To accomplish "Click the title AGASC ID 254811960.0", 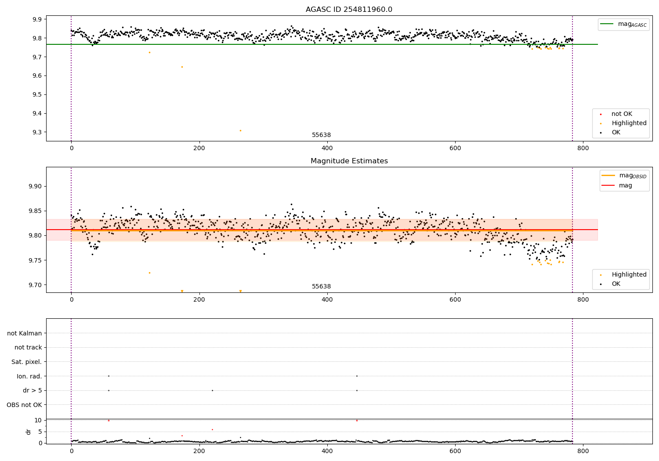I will click(x=349, y=10).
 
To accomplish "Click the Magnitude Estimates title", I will click(x=349, y=161).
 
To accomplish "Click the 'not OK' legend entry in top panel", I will click(x=622, y=114).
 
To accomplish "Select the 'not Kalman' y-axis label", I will click(x=25, y=333).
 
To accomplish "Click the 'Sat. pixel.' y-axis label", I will click(x=26, y=362).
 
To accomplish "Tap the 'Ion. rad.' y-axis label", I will click(x=29, y=376).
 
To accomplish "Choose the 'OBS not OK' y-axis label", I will click(x=24, y=405).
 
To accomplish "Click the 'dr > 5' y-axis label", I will click(x=32, y=390).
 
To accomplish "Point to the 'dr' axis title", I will click(x=29, y=432).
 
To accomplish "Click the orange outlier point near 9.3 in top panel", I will click(x=240, y=130).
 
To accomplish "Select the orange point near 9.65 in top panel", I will click(x=182, y=67).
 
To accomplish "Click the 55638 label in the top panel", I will click(x=321, y=135).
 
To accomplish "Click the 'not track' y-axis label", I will click(x=28, y=347).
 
